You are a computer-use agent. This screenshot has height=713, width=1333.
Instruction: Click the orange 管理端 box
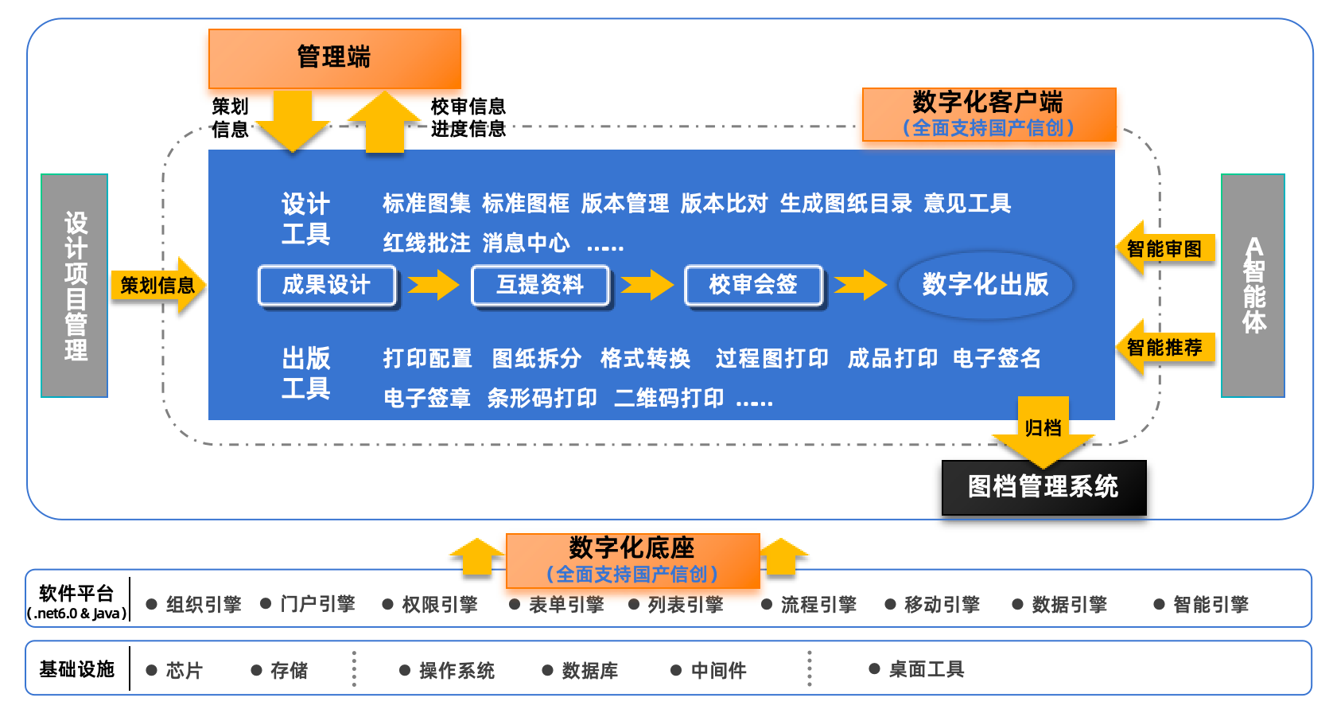pyautogui.click(x=334, y=58)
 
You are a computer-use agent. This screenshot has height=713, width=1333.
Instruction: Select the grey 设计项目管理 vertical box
pyautogui.click(x=75, y=286)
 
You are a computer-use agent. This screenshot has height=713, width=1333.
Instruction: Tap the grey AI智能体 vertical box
pyautogui.click(x=1253, y=286)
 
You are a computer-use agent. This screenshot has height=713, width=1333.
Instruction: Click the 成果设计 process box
pyautogui.click(x=327, y=285)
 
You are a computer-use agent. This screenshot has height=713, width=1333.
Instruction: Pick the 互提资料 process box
pyautogui.click(x=540, y=285)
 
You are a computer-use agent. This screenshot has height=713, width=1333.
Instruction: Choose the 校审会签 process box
pyautogui.click(x=753, y=285)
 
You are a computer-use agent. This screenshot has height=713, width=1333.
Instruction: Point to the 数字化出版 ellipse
pyautogui.click(x=985, y=285)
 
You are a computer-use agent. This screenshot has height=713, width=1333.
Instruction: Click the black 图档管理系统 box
pyautogui.click(x=1043, y=487)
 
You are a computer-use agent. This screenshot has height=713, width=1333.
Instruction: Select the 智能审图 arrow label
pyautogui.click(x=1164, y=249)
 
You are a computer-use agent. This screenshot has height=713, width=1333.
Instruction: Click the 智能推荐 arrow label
pyautogui.click(x=1164, y=348)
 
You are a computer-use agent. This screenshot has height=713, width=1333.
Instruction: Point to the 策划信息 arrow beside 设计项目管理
pyautogui.click(x=157, y=285)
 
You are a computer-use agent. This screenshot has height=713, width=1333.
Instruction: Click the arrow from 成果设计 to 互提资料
pyautogui.click(x=433, y=285)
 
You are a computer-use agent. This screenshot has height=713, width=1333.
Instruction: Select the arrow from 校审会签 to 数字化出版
pyautogui.click(x=860, y=285)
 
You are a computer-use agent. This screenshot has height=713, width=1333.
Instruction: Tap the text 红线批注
pyautogui.click(x=426, y=243)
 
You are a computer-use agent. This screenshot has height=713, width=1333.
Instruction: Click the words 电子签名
pyautogui.click(x=997, y=359)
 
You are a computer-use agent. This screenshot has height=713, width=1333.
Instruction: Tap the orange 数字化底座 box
pyautogui.click(x=632, y=559)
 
